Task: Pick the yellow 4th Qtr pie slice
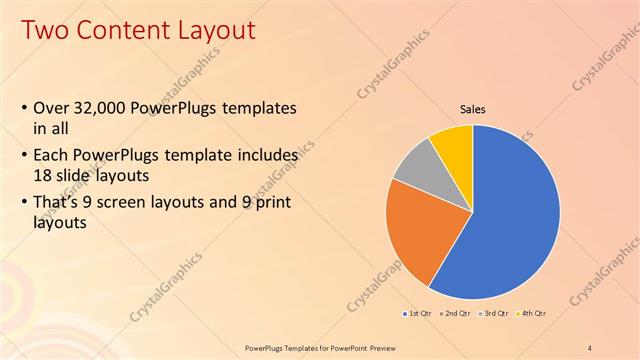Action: (455, 143)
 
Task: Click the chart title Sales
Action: (473, 109)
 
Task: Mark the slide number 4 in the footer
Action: (590, 347)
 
